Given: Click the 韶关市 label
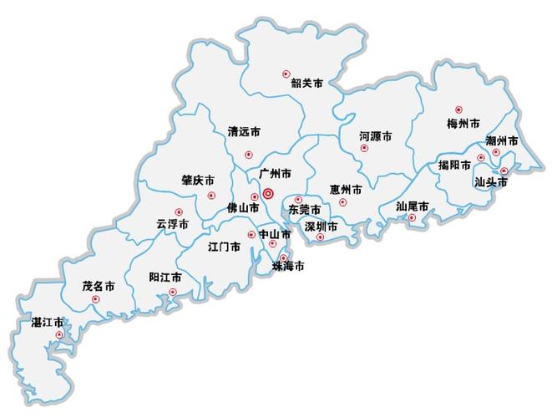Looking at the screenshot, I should pyautogui.click(x=306, y=83).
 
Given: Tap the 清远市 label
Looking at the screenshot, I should pyautogui.click(x=244, y=131).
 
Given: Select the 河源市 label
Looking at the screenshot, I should pyautogui.click(x=376, y=135).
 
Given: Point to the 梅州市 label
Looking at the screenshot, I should pyautogui.click(x=463, y=123).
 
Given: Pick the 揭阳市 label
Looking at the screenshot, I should pyautogui.click(x=455, y=165).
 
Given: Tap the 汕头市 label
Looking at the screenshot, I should pyautogui.click(x=491, y=181).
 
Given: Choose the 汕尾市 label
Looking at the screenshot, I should pyautogui.click(x=413, y=206).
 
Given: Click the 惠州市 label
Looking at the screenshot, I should pyautogui.click(x=346, y=190).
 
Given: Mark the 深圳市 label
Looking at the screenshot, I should pyautogui.click(x=321, y=227).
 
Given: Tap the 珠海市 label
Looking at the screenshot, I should pyautogui.click(x=288, y=267).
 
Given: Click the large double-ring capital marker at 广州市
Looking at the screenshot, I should pyautogui.click(x=268, y=194).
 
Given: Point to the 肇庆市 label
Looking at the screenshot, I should pyautogui.click(x=198, y=180).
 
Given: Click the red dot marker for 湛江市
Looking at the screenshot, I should pyautogui.click(x=58, y=335).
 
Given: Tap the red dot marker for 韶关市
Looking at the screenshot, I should pyautogui.click(x=286, y=74).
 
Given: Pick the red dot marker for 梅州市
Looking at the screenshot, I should pyautogui.click(x=458, y=110).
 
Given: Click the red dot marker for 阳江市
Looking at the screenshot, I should pyautogui.click(x=173, y=292).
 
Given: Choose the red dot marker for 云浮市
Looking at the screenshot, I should pyautogui.click(x=177, y=212).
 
